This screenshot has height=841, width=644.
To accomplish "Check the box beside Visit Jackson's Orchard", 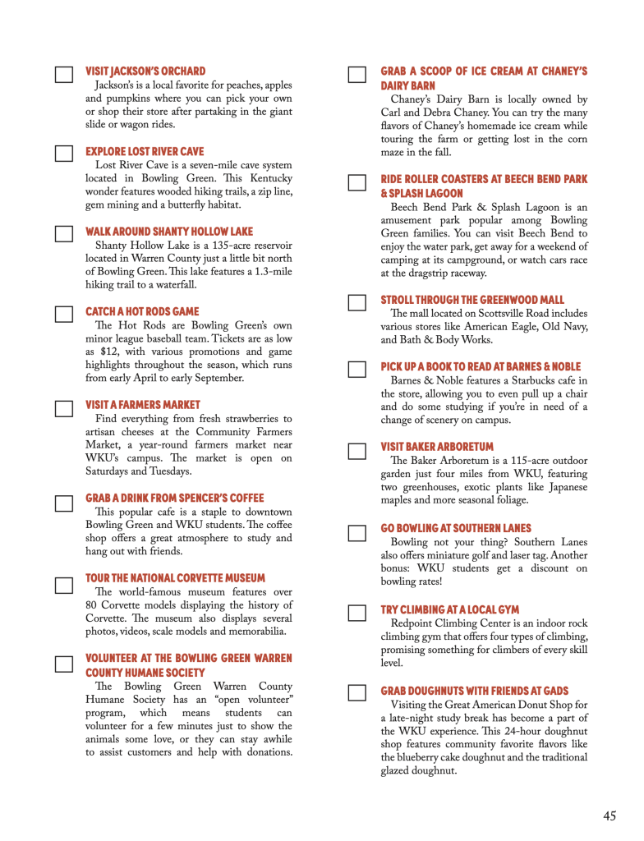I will (63, 76).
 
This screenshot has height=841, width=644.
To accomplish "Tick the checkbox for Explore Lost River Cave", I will (63, 154).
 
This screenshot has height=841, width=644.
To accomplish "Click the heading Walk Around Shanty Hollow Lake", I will (169, 232).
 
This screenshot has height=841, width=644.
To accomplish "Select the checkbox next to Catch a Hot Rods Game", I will (63, 314).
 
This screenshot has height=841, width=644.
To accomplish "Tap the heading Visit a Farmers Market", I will (143, 405).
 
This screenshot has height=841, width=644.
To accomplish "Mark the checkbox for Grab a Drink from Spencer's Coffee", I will (63, 503).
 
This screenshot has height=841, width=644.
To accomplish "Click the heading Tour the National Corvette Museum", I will (175, 578).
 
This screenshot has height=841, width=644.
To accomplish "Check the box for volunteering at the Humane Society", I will (63, 664).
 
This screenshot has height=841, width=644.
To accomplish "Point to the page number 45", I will (609, 816).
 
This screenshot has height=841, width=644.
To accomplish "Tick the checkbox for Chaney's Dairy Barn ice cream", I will (357, 76).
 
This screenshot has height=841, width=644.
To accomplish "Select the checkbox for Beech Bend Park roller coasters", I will (357, 182).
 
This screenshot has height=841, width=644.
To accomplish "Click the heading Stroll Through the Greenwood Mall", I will (472, 301).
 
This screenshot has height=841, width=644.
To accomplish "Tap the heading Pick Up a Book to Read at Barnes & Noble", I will (481, 366).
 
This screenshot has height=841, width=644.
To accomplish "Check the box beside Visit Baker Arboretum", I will (357, 451).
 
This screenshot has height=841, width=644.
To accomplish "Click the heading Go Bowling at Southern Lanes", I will (456, 528).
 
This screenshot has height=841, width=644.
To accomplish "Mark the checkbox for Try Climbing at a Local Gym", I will (357, 613).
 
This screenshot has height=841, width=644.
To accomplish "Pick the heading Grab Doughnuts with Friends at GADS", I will (474, 692).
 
